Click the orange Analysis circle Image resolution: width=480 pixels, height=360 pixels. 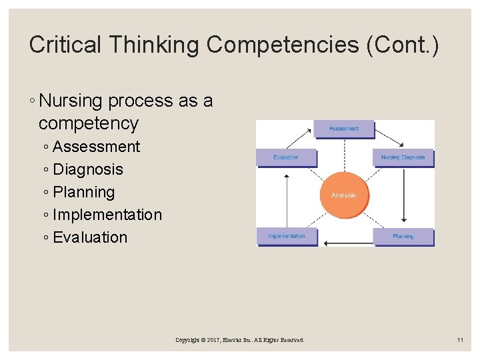click(x=344, y=195)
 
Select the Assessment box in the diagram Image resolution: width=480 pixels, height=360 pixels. click(x=344, y=129)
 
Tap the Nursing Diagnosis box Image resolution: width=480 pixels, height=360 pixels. click(x=403, y=157)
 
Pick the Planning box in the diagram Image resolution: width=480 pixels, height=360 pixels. click(x=403, y=237)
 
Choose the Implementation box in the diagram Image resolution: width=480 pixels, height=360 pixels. click(x=287, y=236)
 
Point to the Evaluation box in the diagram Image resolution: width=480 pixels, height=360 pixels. click(x=287, y=157)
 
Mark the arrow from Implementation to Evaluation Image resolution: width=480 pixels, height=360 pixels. click(x=287, y=200)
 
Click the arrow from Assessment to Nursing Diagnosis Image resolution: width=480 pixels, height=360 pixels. click(x=389, y=136)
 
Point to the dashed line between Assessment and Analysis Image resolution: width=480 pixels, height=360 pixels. click(x=344, y=153)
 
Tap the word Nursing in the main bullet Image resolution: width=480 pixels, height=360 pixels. click(x=71, y=101)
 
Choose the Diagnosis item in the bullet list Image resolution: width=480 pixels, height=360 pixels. click(x=88, y=169)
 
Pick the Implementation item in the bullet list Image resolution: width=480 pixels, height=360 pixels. click(x=107, y=215)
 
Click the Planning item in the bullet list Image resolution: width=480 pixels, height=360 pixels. click(x=84, y=192)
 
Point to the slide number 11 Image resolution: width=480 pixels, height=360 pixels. click(x=460, y=340)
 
